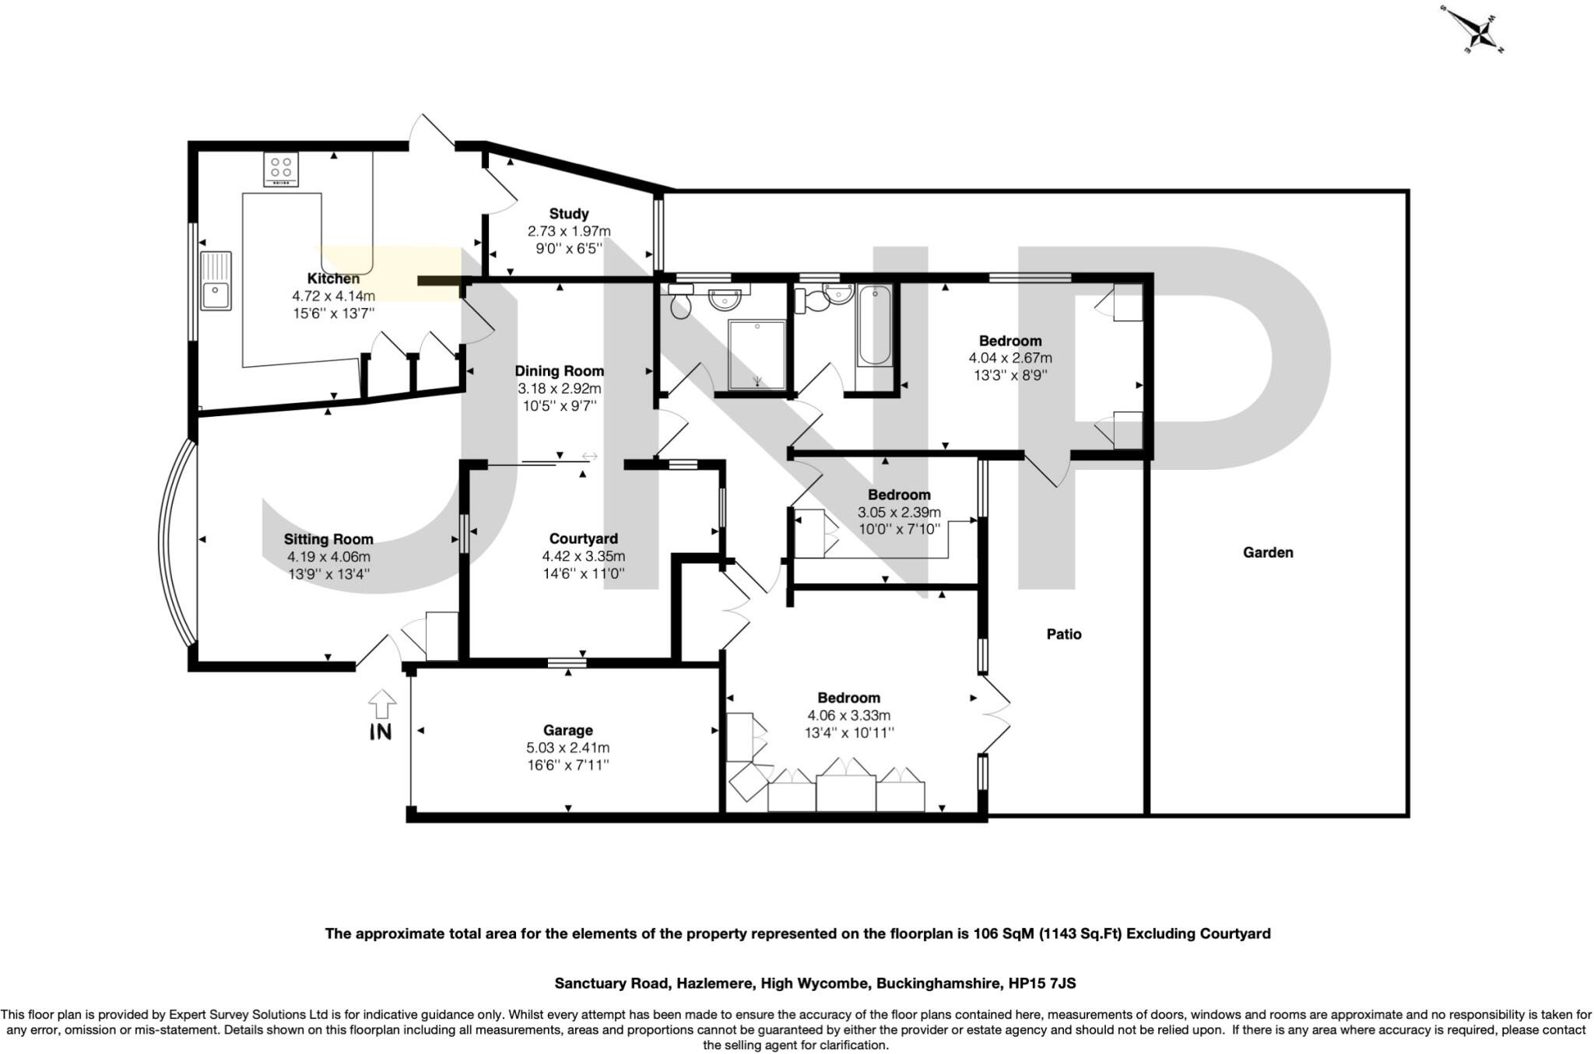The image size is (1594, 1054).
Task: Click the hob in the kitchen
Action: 281,169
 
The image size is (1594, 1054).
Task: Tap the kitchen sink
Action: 216,281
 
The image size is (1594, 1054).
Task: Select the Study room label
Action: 569,214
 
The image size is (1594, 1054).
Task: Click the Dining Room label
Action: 559,371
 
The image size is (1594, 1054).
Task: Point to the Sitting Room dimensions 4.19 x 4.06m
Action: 328,557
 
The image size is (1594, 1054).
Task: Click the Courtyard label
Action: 583,538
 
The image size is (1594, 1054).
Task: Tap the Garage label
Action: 567,730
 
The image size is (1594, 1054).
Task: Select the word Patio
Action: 1063,634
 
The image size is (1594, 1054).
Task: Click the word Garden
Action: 1267,552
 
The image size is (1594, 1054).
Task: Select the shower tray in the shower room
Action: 757,355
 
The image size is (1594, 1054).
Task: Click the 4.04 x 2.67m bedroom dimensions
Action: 1009,359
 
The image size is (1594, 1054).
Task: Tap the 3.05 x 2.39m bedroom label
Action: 899,495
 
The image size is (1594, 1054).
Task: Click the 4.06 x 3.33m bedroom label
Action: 848,698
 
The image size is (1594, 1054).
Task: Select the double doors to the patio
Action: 995,714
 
